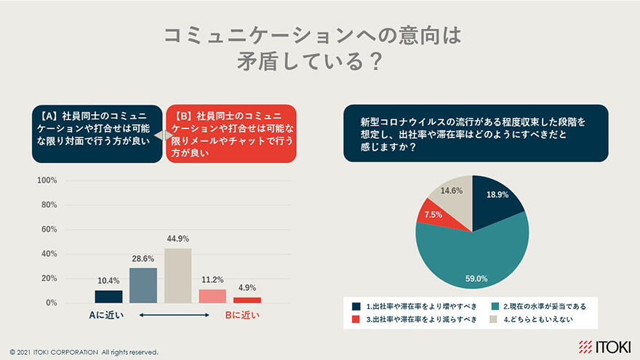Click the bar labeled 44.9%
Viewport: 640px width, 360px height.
(177, 276)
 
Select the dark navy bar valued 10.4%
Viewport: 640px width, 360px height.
(108, 297)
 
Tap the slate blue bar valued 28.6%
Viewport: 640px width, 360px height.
(143, 285)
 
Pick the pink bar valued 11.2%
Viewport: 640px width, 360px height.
(212, 296)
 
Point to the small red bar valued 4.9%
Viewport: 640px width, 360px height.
(247, 300)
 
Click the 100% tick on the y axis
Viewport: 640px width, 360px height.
(47, 180)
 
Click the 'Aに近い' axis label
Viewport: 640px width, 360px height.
(107, 316)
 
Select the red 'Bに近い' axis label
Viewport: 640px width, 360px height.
(240, 316)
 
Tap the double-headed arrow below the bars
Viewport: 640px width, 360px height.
(174, 316)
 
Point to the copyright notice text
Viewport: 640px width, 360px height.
(84, 352)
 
